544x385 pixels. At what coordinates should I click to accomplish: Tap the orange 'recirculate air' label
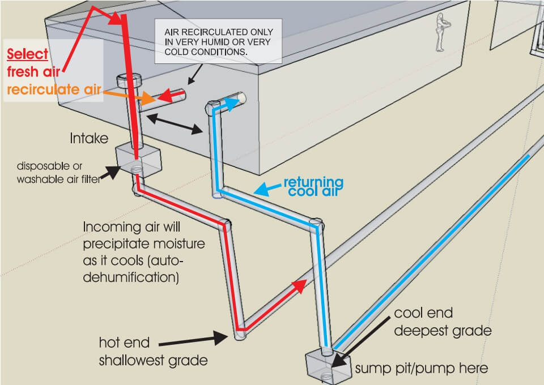point(54,89)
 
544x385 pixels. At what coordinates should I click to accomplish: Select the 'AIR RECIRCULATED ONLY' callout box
point(218,42)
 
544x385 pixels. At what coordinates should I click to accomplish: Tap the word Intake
point(89,138)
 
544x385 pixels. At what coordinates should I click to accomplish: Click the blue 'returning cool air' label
point(313,186)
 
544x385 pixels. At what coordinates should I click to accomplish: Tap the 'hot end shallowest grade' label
point(135,351)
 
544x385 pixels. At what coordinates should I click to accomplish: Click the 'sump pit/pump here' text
point(421,369)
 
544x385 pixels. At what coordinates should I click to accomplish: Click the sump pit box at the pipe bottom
point(322,365)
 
